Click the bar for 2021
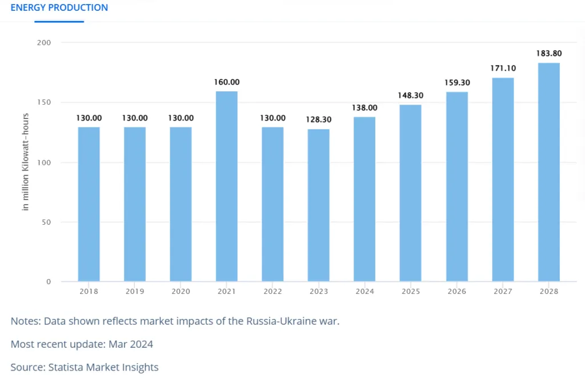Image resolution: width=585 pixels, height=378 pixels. pos(227,186)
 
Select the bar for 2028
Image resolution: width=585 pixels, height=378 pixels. pos(548,172)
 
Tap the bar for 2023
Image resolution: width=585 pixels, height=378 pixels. pos(319,205)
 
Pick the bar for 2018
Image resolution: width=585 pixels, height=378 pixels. pos(89,204)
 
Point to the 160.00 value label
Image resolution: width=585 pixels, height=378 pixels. pos(227,82)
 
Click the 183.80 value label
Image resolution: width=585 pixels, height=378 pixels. pos(548,54)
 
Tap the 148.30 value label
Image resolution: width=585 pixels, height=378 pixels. pos(411,96)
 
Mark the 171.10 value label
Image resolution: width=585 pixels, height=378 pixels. pos(503,69)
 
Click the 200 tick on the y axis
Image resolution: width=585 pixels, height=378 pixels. pos(45,43)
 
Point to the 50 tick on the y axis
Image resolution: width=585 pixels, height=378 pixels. pos(47,222)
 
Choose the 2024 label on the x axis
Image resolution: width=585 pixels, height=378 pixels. pos(364,292)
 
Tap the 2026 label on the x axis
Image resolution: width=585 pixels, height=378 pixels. pos(456,292)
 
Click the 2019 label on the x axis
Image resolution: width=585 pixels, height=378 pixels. pos(135,292)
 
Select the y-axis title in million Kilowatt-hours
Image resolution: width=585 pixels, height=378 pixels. pos(26,162)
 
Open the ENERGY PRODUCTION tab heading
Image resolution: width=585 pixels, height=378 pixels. pos(59,8)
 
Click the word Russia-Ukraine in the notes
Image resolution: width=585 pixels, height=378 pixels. pos(283,321)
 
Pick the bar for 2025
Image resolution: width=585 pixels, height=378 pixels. pos(411,193)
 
